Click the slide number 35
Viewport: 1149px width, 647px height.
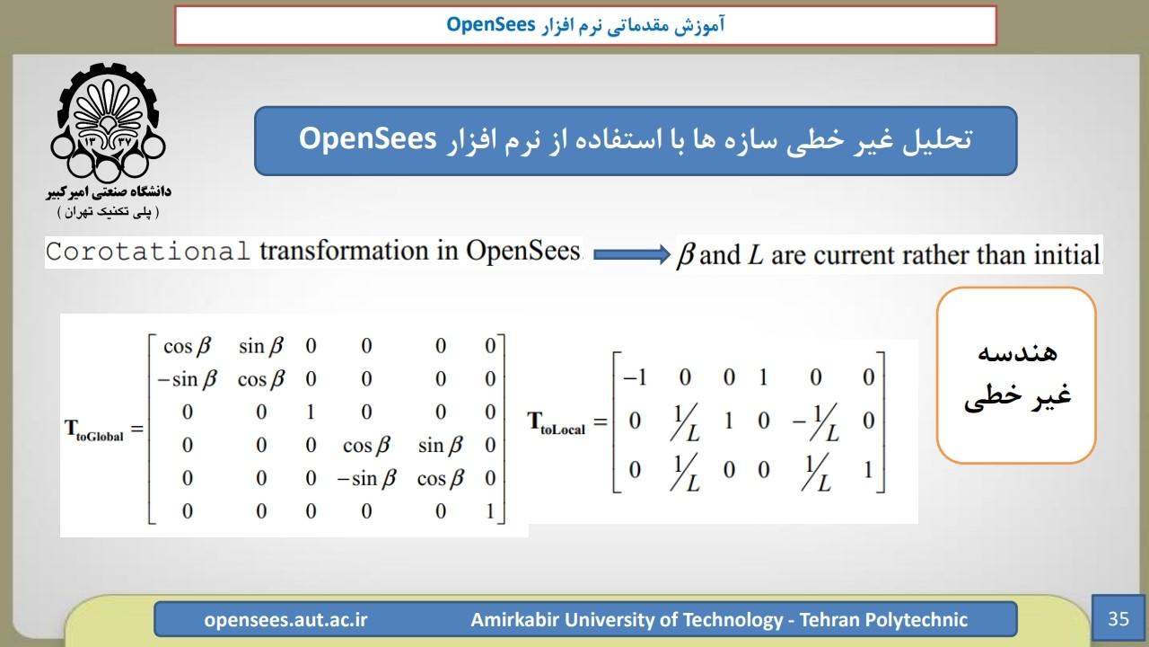pos(1118,619)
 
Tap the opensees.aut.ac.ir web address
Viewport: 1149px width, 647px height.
pos(285,620)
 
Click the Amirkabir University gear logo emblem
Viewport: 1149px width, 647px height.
pos(108,122)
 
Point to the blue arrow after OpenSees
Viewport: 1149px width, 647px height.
pos(631,254)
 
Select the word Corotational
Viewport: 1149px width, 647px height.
pos(148,252)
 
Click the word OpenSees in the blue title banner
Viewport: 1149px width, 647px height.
pos(367,139)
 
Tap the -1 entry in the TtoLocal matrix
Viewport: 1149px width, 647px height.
pos(635,377)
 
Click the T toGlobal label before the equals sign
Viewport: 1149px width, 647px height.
pos(94,430)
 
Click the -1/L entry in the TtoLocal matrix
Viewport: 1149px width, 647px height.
pos(816,422)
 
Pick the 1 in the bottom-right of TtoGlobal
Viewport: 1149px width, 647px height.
pos(490,511)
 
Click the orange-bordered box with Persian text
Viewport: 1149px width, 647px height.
pos(1016,376)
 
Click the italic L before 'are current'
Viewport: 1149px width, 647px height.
pos(756,255)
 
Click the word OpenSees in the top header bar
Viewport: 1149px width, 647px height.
pos(491,24)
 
